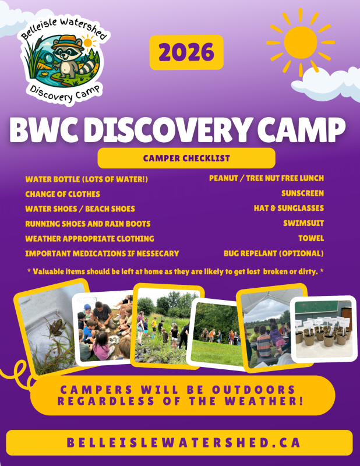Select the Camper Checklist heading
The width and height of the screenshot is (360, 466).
[x=186, y=158]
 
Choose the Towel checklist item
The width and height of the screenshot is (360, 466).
[x=311, y=238]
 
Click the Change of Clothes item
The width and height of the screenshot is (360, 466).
[x=62, y=193]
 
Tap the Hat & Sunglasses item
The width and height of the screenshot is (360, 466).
[x=289, y=208]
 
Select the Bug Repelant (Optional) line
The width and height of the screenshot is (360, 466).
[x=274, y=253]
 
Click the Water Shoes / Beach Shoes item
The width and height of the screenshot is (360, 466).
[x=80, y=209]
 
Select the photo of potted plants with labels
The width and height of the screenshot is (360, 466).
[x=323, y=329]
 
